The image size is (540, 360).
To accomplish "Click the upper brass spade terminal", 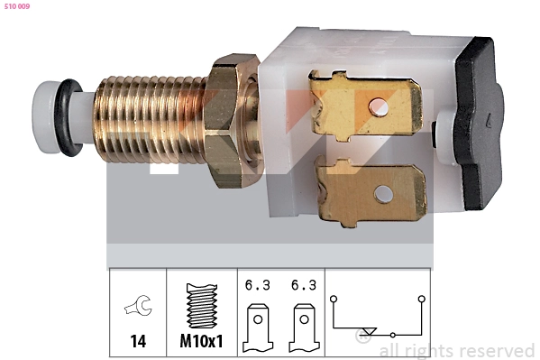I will pos(364,106).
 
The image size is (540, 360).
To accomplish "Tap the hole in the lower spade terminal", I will pos(384,192).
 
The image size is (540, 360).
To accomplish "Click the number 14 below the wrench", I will pos(137,343).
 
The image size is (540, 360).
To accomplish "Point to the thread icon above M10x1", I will pos(202,307).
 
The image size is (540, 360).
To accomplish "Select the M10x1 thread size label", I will pos(202,343).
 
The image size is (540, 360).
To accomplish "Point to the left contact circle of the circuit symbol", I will pos(334,296).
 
